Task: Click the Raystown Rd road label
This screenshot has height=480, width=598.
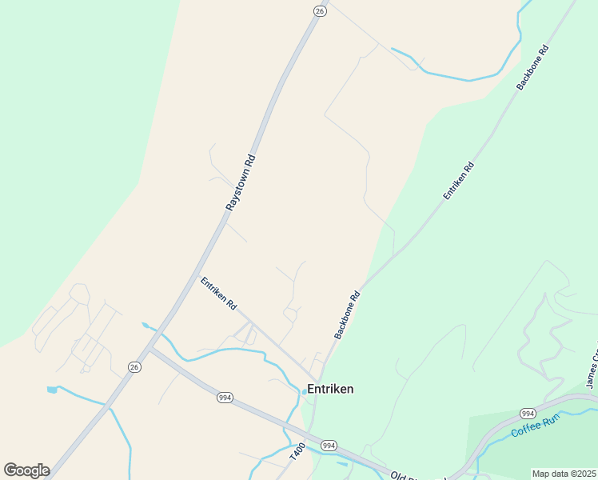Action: click(240, 182)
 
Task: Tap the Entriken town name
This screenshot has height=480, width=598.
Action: click(330, 389)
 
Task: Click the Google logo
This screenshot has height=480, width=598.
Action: click(26, 470)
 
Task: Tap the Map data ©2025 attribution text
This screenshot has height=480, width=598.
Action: click(564, 474)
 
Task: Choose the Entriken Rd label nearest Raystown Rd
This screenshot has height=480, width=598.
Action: click(219, 294)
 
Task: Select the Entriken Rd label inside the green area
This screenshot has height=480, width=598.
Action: click(459, 181)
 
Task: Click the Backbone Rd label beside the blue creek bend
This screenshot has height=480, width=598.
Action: click(532, 66)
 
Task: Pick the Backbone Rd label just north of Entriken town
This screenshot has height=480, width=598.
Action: click(348, 314)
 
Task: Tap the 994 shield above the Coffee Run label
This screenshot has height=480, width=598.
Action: click(527, 413)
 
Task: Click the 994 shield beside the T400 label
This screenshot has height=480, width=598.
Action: click(328, 445)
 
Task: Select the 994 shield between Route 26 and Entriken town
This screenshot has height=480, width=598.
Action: click(225, 397)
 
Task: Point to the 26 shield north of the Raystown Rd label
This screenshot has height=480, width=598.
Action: click(320, 10)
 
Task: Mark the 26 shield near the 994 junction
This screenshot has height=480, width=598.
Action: click(134, 366)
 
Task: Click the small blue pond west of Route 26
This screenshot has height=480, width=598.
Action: click(52, 390)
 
